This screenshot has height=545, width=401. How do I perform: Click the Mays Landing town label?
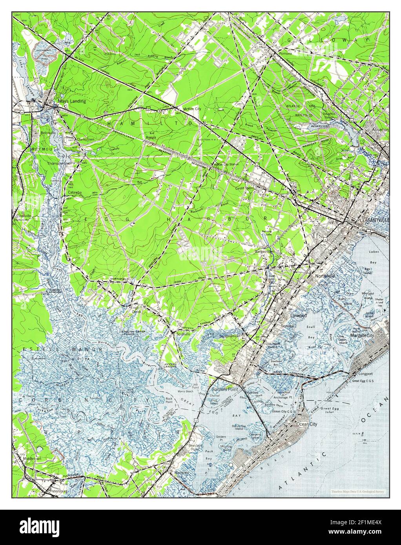[x=71, y=101]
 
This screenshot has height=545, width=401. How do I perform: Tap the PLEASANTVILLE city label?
[x=373, y=221]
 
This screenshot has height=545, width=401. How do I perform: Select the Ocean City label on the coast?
[x=307, y=424]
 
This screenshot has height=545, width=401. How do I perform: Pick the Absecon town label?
[x=380, y=129]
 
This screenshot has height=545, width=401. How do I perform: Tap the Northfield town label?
[x=325, y=276]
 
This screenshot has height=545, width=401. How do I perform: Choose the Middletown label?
[x=32, y=458]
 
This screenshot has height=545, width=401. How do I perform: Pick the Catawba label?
[x=75, y=193]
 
